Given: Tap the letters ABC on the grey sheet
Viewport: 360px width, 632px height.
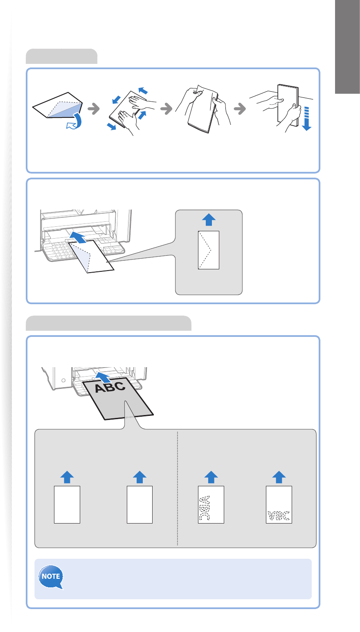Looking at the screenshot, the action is point(110,387).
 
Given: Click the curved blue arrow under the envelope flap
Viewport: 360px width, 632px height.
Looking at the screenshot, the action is point(74,121).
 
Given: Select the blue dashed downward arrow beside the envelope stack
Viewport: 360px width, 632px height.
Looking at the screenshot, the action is point(306,119).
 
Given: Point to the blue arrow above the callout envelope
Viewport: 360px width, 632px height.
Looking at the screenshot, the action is point(209,219).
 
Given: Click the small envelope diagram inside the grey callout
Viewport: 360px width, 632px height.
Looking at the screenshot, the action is point(209,250).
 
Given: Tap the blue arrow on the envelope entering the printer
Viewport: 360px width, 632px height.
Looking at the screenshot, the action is point(78,237).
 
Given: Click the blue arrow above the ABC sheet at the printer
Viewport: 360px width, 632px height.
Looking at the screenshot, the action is point(103,377).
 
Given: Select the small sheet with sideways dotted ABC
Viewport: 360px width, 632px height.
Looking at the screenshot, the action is point(211,504).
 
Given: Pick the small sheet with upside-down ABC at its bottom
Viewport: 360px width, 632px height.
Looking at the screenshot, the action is point(279,504).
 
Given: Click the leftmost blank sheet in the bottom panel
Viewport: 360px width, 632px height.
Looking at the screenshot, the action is point(67,504).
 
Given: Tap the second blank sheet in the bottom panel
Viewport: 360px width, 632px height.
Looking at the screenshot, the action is point(139,504).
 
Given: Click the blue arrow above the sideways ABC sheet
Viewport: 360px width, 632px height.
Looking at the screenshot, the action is point(211,477).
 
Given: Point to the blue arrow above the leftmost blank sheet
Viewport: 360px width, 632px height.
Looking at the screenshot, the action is point(67,477).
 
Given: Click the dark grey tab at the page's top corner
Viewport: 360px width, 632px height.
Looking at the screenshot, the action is point(347,47).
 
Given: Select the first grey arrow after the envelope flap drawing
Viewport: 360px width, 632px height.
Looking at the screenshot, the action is point(94,108).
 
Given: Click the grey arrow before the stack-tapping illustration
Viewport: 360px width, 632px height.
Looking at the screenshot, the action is point(240,108).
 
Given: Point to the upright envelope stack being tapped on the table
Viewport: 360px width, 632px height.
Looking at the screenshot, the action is point(288,105).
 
